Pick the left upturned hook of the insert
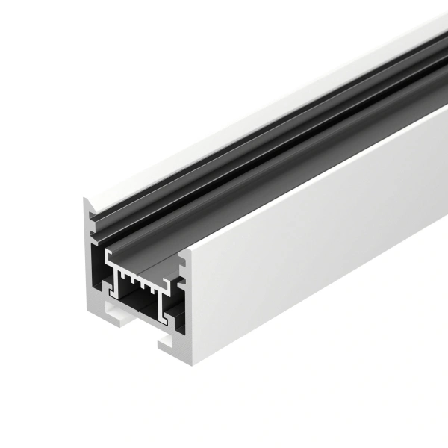pyautogui.click(x=109, y=258)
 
